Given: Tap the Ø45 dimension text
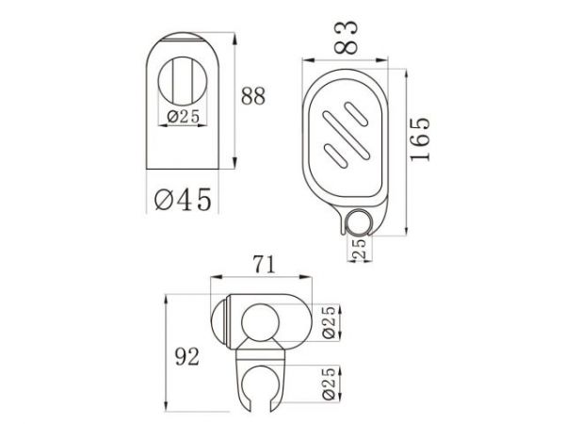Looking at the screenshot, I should coord(181,199).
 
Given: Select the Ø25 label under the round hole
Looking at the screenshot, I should coord(181,118).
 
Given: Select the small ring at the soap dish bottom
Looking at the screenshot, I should coord(358,223).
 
